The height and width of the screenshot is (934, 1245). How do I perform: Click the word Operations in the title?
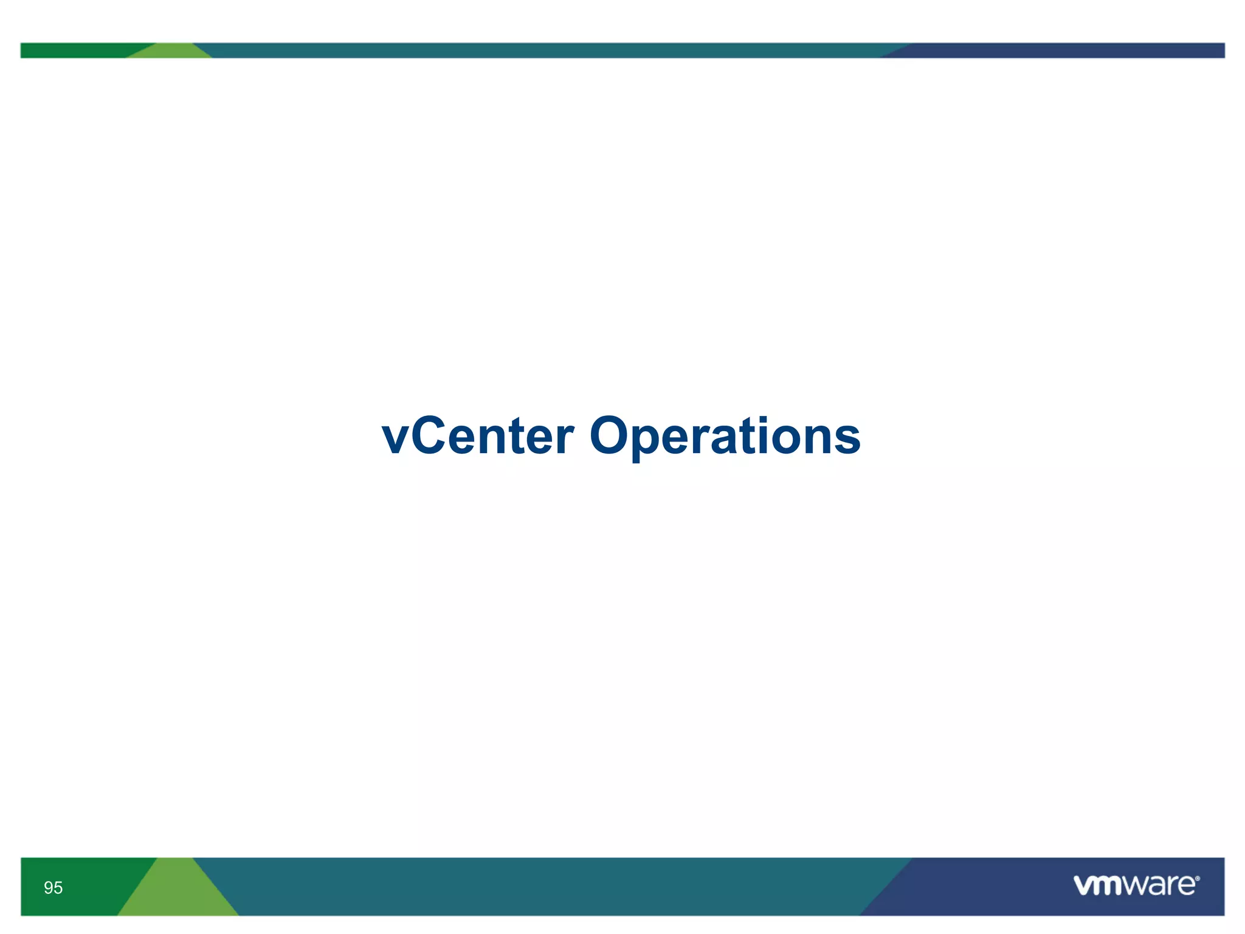click(725, 437)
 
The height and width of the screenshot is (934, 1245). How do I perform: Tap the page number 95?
click(53, 888)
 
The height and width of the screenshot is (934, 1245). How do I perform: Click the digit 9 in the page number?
click(49, 888)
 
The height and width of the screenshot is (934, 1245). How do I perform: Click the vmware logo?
click(1136, 885)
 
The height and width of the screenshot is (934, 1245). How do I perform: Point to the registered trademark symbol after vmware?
click(1197, 879)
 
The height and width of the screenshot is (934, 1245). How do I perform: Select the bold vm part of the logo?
click(1098, 886)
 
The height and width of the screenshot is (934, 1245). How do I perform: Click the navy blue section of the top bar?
click(1064, 50)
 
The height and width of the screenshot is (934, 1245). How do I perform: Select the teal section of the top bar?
click(547, 50)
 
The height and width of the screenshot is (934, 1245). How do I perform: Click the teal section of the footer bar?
click(547, 887)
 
